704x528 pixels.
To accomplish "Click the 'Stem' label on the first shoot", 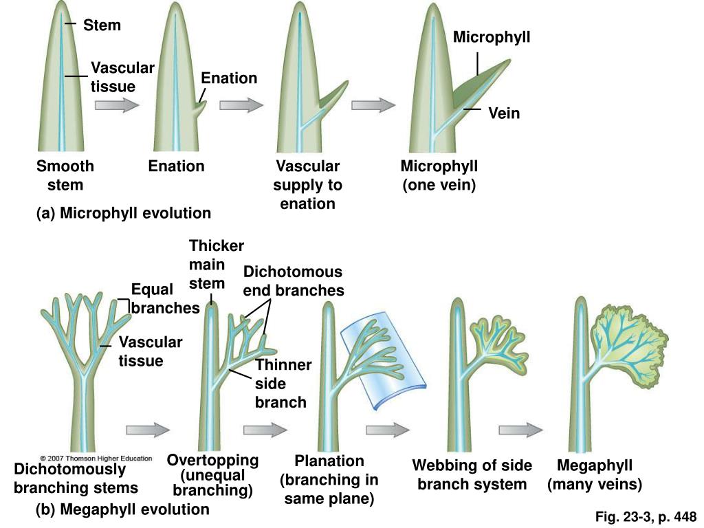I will [102, 25].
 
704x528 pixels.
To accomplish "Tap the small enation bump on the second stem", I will [200, 109].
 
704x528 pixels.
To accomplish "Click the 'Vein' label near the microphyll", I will [504, 113].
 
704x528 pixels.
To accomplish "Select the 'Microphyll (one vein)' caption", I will [439, 175].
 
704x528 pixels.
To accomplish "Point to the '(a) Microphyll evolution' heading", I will [124, 213].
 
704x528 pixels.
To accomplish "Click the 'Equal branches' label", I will [153, 298].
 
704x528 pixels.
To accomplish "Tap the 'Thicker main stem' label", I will [216, 265].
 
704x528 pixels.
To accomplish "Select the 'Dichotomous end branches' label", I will [293, 281].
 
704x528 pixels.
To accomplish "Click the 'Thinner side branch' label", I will [283, 383].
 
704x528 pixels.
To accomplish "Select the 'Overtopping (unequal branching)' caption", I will [213, 475].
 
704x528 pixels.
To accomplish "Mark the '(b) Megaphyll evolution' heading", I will [122, 509].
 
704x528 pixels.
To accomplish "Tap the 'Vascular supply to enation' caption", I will [307, 185].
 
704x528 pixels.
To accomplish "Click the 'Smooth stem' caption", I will [65, 175].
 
